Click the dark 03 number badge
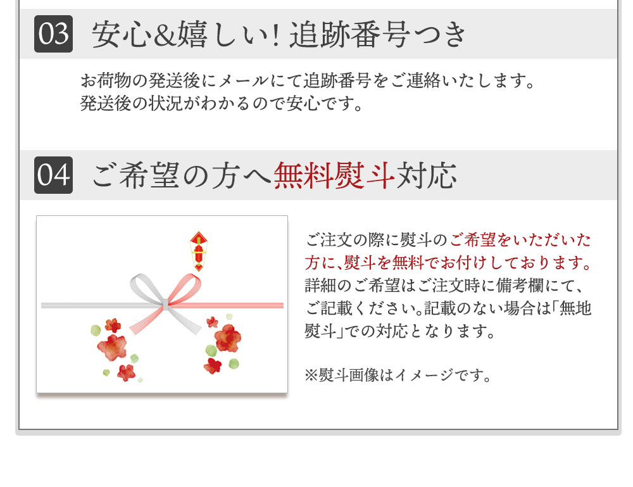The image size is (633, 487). coord(54,34)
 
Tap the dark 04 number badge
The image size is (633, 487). coord(54,175)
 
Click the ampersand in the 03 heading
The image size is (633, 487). coord(165,35)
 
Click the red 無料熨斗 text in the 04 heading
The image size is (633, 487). coord(334,175)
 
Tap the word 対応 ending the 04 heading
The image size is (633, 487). coord(426,175)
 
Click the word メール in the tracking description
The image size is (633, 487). coord(244,81)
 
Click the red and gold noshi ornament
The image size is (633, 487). coord(199,251)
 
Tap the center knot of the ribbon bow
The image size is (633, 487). coord(165,304)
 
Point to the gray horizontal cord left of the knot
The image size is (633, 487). coord(101,306)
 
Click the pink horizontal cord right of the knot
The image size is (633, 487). coord(226,305)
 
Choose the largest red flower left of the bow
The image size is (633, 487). coord(112,347)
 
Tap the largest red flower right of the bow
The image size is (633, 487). coord(228,338)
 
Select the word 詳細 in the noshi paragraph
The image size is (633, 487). coord(320,286)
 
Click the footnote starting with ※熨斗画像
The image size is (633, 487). coord(398,375)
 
